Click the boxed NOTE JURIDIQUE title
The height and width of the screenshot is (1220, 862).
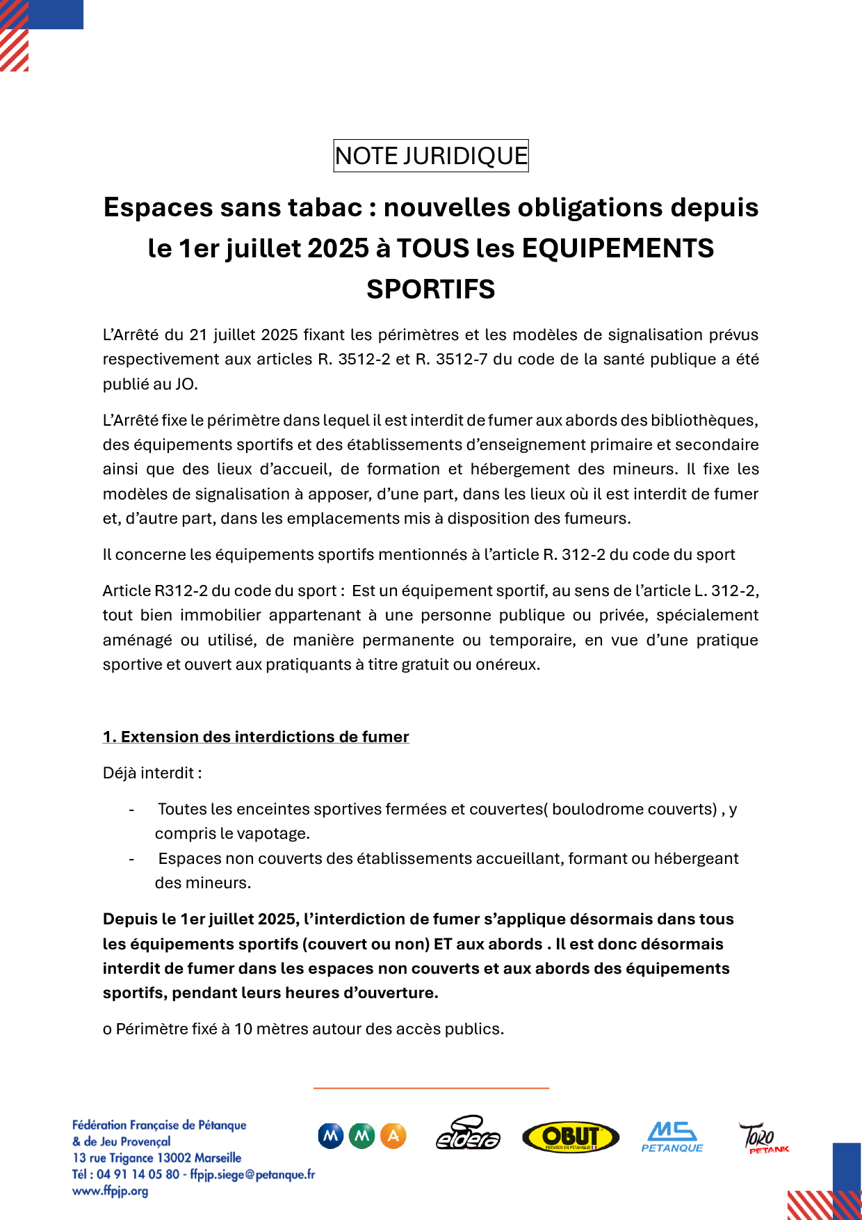pyautogui.click(x=431, y=156)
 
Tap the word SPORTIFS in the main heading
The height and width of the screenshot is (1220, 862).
pyautogui.click(x=431, y=289)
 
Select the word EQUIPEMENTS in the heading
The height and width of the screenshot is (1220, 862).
pyautogui.click(x=618, y=248)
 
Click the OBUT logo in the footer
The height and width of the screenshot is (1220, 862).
pyautogui.click(x=571, y=1137)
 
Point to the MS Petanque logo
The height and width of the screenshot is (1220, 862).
pyautogui.click(x=672, y=1137)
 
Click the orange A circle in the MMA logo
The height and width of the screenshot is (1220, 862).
pyautogui.click(x=393, y=1136)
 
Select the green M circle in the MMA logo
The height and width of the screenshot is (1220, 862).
pyautogui.click(x=361, y=1136)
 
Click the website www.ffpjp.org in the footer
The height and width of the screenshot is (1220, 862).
pyautogui.click(x=111, y=1191)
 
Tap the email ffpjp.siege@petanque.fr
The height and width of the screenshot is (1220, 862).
pyautogui.click(x=252, y=1174)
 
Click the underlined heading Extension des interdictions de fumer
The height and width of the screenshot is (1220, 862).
pyautogui.click(x=256, y=737)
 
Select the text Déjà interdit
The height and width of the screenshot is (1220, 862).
pyautogui.click(x=152, y=773)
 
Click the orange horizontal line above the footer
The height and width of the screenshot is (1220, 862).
pyautogui.click(x=431, y=1087)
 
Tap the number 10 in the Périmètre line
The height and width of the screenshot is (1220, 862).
pyautogui.click(x=243, y=1029)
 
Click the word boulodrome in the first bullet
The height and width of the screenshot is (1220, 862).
pyautogui.click(x=598, y=809)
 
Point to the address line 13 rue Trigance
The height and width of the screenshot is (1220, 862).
pyautogui.click(x=157, y=1157)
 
